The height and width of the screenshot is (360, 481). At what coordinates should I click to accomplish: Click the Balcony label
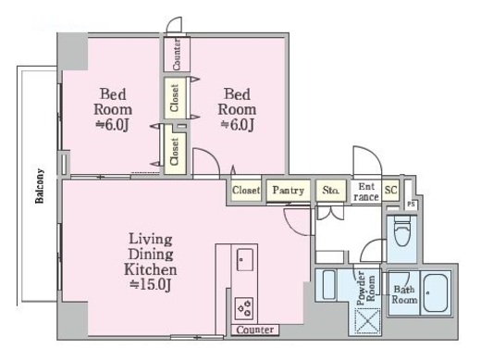coord(40,186)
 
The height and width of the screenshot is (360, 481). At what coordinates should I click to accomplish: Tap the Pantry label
coord(289,190)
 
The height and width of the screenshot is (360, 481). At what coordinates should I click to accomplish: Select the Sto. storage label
coord(330,190)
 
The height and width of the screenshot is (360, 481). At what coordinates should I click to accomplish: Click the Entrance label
coord(366,192)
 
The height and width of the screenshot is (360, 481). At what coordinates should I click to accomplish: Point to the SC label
coord(390,190)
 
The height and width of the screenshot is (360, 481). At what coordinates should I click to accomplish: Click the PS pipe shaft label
coord(411,204)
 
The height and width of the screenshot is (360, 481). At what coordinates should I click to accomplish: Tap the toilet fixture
coord(402,230)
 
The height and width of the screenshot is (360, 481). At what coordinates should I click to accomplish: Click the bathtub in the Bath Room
coord(436,293)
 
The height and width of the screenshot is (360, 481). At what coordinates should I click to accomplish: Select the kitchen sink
coord(245,259)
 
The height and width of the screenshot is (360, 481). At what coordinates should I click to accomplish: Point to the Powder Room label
coord(365,288)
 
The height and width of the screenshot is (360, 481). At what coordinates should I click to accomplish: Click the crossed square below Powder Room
coord(367,321)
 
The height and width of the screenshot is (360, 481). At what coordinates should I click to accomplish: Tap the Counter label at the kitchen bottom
coord(255,329)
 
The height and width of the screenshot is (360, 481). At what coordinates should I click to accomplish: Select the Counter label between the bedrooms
coord(177,55)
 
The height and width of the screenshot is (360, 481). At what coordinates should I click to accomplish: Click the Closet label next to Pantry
coord(246,190)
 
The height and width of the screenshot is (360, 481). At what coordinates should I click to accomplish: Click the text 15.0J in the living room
coord(151,284)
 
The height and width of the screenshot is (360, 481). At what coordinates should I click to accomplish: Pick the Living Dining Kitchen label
coord(151,254)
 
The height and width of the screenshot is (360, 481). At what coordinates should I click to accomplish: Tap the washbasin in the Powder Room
coord(329,285)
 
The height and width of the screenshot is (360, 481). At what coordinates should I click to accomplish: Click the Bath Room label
coord(404,294)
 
